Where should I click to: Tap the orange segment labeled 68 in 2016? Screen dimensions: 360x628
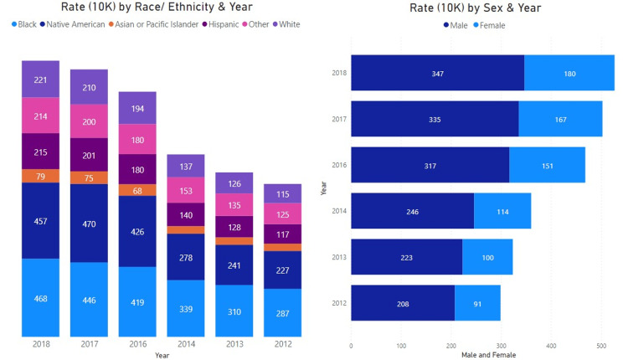tap(137, 190)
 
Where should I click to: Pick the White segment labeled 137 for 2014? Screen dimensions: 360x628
tap(186, 166)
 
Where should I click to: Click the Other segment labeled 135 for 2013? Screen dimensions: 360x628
tap(234, 204)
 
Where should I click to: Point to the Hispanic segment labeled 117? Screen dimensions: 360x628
tap(282, 234)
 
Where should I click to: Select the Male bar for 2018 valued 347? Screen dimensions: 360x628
tap(437, 73)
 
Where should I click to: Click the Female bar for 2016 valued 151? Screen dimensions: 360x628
tap(547, 165)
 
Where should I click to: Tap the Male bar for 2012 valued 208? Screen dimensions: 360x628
tap(403, 303)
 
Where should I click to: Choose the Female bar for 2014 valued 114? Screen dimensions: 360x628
tap(502, 211)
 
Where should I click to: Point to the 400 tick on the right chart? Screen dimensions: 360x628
tap(551, 345)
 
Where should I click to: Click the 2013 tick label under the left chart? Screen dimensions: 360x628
tap(234, 343)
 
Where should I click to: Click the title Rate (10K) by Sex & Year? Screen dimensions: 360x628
tap(475, 8)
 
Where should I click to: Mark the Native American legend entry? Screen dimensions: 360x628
tap(71, 24)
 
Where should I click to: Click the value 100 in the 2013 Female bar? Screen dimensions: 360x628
tap(486, 257)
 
